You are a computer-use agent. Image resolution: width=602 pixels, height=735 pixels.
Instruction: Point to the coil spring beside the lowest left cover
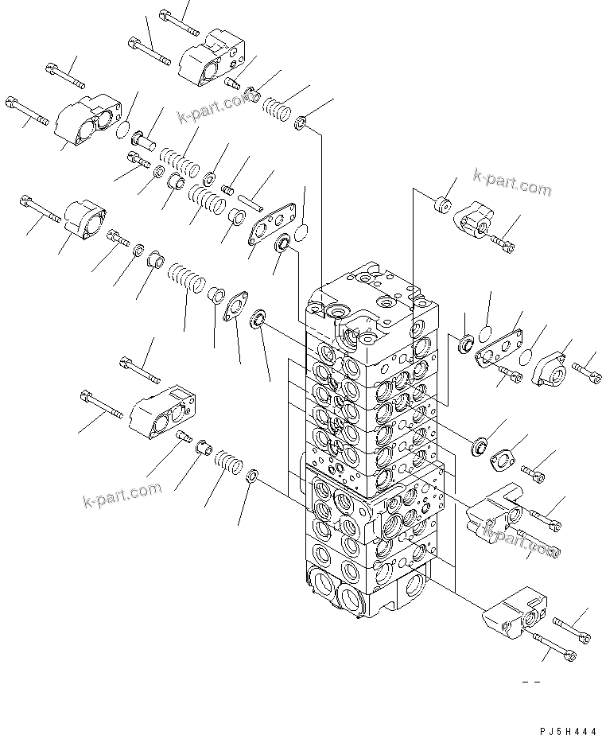(228, 462)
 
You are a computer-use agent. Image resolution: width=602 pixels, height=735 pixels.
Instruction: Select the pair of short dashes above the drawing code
(530, 682)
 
